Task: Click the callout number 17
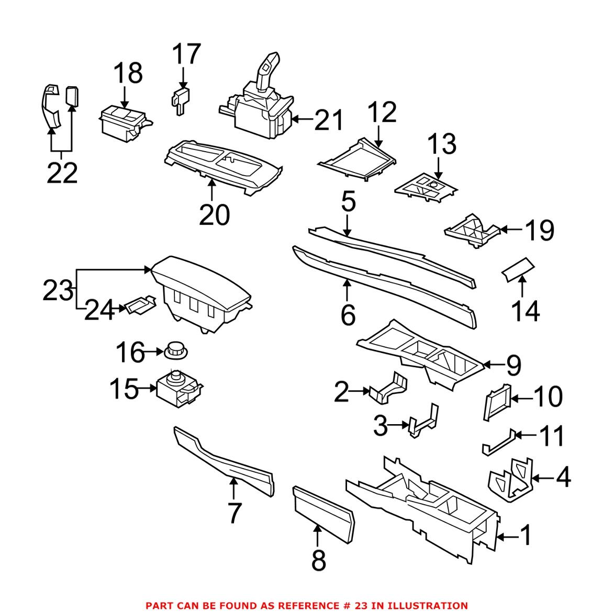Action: (x=186, y=54)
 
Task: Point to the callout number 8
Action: (x=318, y=560)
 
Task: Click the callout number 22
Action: (x=62, y=173)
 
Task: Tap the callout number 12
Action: (x=382, y=112)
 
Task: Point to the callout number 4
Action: (x=563, y=477)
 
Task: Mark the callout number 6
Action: (x=348, y=314)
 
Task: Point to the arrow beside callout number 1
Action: (x=504, y=536)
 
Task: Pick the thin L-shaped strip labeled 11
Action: (x=497, y=442)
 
